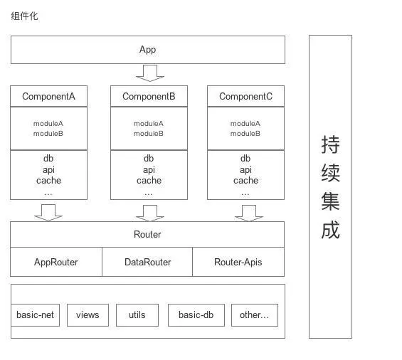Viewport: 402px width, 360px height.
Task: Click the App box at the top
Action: coord(147,50)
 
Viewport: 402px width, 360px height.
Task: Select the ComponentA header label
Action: coord(48,96)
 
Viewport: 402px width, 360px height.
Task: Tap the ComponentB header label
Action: coord(149,96)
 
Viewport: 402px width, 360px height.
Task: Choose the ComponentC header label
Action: coord(245,96)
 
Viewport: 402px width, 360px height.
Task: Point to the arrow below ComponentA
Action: coord(48,213)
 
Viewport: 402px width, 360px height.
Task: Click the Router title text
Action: coord(147,234)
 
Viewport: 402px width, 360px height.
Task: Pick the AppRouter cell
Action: coord(56,262)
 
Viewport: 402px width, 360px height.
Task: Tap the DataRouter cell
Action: coord(147,262)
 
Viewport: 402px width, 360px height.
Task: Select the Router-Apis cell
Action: coord(238,262)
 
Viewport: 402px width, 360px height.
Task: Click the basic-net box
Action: coord(36,315)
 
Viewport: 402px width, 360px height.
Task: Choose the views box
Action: coord(88,315)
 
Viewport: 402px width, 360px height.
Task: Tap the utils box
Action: coord(137,315)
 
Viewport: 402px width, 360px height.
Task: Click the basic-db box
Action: coord(196,315)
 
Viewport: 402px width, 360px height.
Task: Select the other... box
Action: coord(254,315)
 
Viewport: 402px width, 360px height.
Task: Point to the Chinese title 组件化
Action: coord(25,16)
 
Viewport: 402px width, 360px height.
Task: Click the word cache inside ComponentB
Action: coord(149,181)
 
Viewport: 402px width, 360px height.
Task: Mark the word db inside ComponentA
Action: coord(48,159)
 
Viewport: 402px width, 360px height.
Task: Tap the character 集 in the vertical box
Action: coord(330,201)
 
